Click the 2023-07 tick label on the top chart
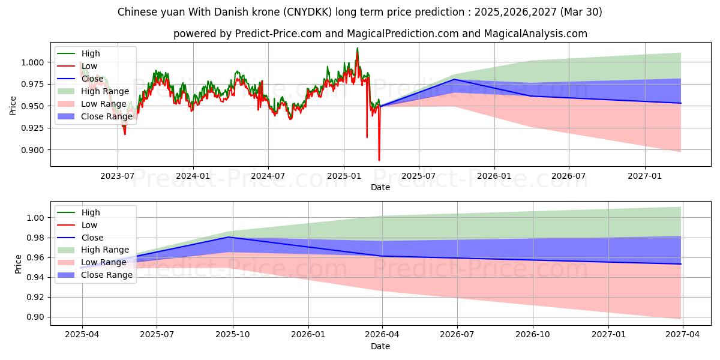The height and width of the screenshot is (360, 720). tap(118, 176)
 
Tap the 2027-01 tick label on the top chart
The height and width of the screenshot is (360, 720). tap(645, 176)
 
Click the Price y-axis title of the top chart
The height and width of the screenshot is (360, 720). tap(13, 106)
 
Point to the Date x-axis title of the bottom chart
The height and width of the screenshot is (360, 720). tap(380, 346)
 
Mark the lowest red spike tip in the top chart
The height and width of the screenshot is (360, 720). tap(379, 160)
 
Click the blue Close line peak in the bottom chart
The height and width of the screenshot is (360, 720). tap(229, 237)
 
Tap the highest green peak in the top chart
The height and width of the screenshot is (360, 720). tap(358, 48)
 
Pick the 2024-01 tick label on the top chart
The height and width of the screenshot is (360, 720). tap(193, 176)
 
